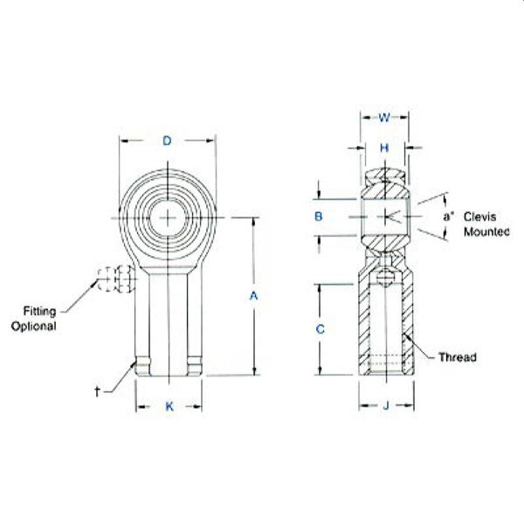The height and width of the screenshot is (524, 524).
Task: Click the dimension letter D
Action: (167, 141)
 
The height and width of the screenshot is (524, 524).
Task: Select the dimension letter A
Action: (254, 296)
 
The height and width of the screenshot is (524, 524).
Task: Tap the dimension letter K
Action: (169, 406)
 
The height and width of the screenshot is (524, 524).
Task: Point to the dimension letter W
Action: (384, 118)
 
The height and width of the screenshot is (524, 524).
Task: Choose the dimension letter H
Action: (384, 148)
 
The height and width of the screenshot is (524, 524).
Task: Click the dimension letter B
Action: (319, 217)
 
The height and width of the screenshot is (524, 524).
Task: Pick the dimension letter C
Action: (320, 329)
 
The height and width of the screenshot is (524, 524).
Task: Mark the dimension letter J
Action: (386, 406)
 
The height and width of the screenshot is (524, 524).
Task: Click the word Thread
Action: (458, 357)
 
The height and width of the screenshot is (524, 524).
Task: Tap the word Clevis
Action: (479, 217)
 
